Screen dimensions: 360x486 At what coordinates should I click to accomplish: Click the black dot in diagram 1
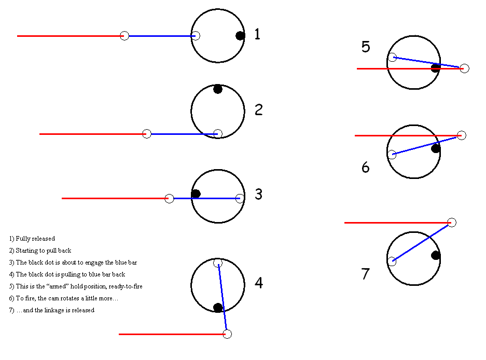coord(240,36)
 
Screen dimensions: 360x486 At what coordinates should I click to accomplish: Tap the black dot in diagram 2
coord(218,89)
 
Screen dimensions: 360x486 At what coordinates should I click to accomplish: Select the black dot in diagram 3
coord(196,194)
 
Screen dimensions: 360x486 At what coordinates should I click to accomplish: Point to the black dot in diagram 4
coord(218,308)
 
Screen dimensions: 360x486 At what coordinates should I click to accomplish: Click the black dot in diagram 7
coord(436,255)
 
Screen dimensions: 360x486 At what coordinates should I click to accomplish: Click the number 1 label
coord(257,35)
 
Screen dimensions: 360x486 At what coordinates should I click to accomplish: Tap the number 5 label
coord(366,47)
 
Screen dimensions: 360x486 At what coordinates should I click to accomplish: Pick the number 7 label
coord(366,274)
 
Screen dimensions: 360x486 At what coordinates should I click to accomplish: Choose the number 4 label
coord(258,283)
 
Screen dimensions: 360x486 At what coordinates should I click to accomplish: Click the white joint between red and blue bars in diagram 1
coord(124,36)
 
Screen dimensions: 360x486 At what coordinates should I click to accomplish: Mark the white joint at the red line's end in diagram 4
coord(227,334)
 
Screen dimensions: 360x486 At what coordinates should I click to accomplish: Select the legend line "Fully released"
coord(32,239)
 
